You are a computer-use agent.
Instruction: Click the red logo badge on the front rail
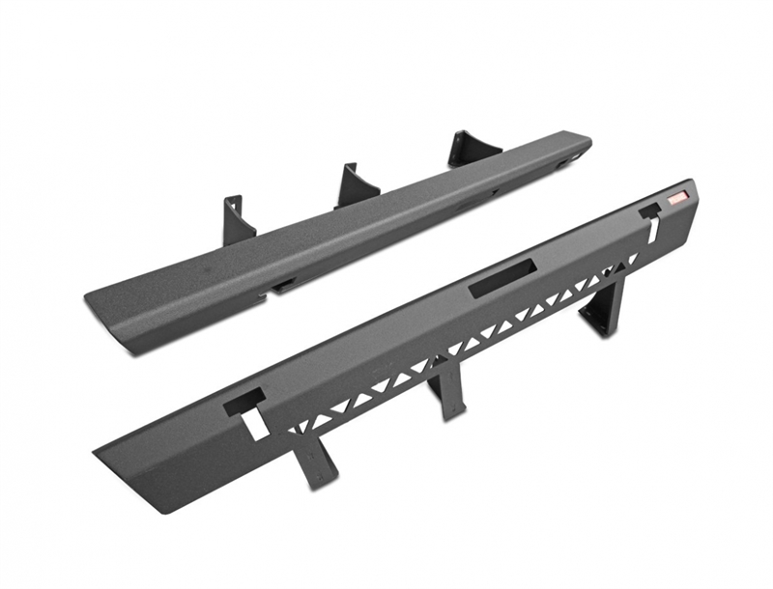[x=677, y=198]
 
